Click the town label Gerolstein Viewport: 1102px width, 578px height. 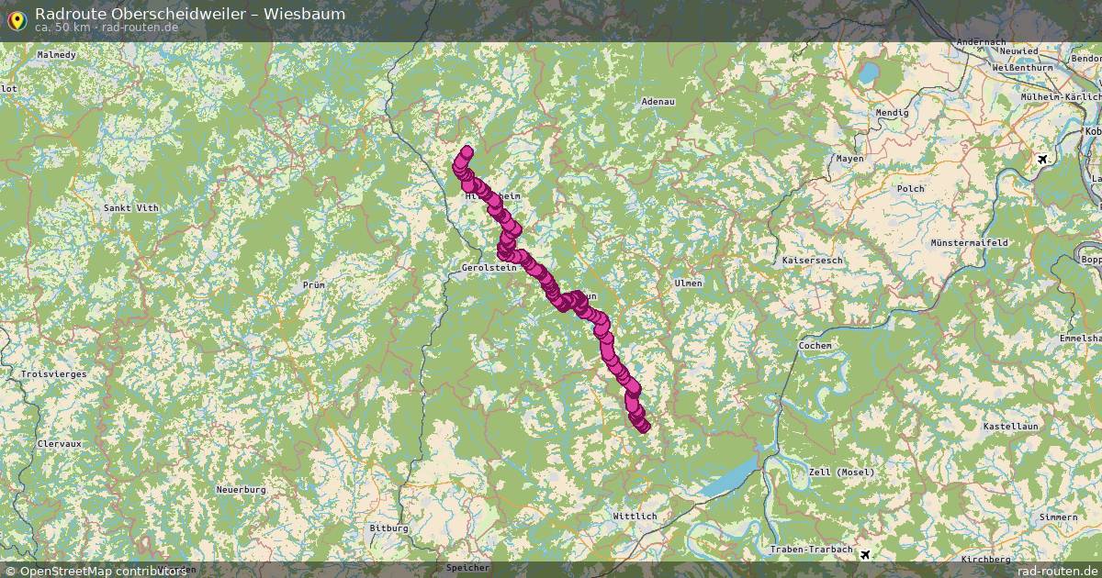pos(483,268)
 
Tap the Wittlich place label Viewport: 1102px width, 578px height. pos(635,517)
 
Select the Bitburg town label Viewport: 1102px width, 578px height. pos(388,528)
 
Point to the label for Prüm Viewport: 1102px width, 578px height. pos(313,285)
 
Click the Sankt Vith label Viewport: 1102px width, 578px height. pos(130,208)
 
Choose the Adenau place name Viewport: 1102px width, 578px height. pos(658,101)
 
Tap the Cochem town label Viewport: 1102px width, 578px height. pos(815,346)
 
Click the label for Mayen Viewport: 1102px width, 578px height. pos(849,159)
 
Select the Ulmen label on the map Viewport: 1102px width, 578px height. pos(688,283)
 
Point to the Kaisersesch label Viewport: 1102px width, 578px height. pos(812,261)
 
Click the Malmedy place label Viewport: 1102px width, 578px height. pos(56,55)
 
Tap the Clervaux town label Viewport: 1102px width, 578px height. pos(60,443)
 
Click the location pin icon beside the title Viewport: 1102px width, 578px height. pos(16,17)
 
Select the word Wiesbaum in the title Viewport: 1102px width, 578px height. pos(310,14)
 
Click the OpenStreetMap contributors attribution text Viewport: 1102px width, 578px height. pos(96,571)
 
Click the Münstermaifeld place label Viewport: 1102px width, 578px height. pos(970,243)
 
